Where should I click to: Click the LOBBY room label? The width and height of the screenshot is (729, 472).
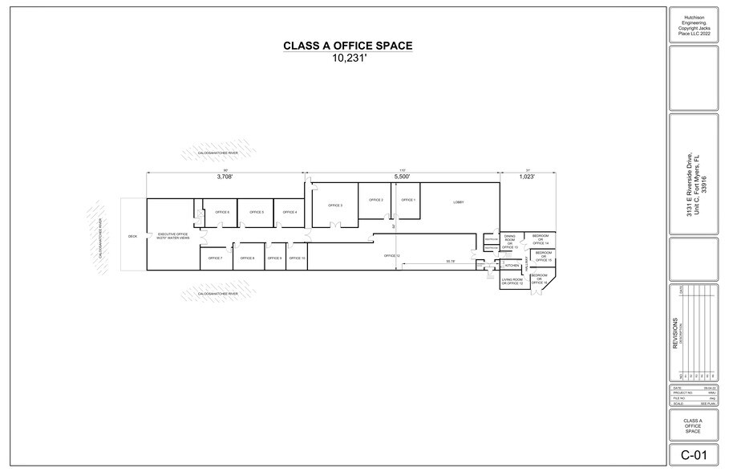(x=459, y=202)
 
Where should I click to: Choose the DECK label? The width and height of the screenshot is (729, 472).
(x=133, y=237)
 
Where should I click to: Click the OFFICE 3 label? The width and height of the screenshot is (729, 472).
(x=336, y=206)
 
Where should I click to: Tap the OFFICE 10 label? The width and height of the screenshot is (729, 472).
(x=297, y=258)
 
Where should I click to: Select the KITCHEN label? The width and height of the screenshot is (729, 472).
(x=512, y=265)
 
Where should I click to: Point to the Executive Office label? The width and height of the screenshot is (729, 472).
(x=172, y=236)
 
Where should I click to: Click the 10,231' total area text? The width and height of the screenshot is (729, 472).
(x=347, y=59)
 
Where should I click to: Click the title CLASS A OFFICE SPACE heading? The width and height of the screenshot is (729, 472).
(x=347, y=46)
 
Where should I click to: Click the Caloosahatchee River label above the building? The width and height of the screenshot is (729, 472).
(x=218, y=151)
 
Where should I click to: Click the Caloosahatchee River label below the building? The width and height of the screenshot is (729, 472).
(x=218, y=294)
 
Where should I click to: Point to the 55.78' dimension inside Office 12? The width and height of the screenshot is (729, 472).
(x=450, y=261)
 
